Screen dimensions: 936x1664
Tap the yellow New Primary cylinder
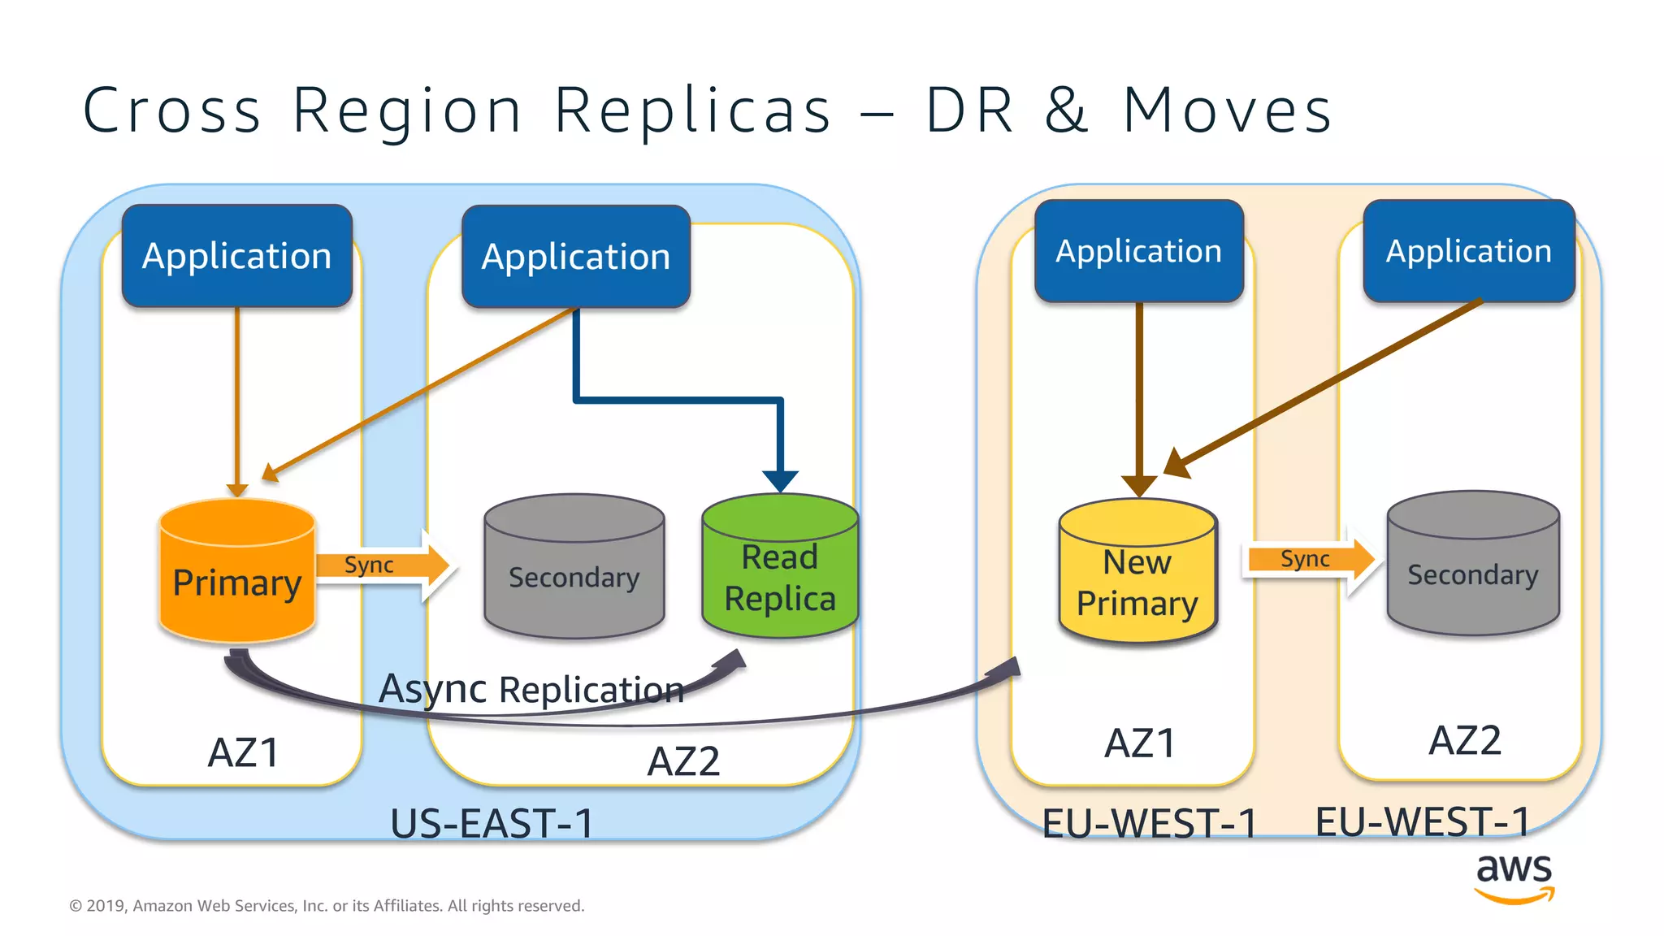(x=1137, y=572)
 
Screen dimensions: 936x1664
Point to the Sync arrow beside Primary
(x=382, y=565)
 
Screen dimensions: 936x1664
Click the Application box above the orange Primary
(x=237, y=256)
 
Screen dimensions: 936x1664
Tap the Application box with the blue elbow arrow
(x=576, y=257)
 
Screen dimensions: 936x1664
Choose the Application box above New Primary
(x=1139, y=251)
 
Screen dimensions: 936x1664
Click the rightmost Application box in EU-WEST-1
(x=1469, y=251)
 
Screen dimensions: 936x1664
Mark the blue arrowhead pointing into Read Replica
(x=780, y=480)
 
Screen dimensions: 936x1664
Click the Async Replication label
(x=531, y=689)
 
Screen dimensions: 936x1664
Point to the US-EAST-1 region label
(x=492, y=823)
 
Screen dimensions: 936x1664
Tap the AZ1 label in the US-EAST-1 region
(x=244, y=752)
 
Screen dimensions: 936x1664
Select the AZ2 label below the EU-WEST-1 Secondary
(x=1465, y=740)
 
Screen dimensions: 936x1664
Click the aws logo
(x=1514, y=877)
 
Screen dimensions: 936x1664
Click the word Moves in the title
(x=1227, y=110)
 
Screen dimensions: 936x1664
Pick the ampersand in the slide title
(x=1066, y=110)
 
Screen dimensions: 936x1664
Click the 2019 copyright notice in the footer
(x=327, y=905)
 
